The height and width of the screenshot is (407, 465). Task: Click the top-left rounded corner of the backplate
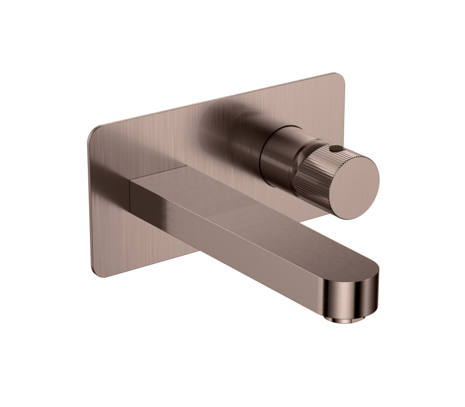point(93,130)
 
